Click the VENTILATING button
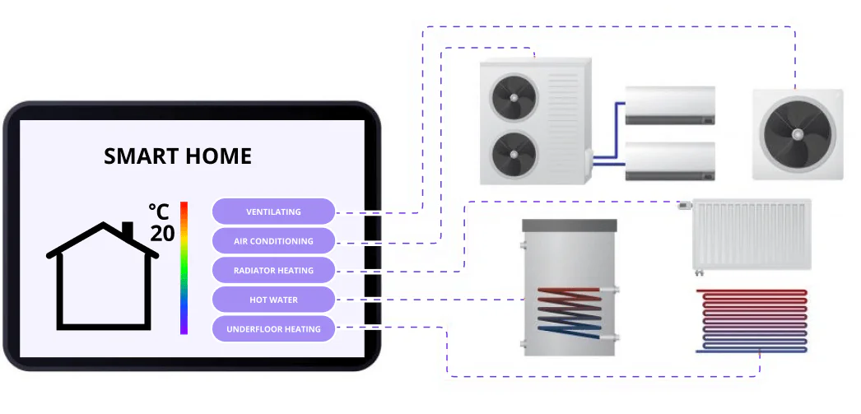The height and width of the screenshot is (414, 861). [273, 212]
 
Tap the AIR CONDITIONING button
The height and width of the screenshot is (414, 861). [273, 241]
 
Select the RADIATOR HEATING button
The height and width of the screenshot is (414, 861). [273, 271]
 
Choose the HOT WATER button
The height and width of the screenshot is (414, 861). [273, 300]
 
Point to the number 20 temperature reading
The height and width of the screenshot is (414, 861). [162, 233]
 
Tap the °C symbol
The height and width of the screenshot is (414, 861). [160, 211]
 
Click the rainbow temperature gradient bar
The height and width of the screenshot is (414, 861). [184, 267]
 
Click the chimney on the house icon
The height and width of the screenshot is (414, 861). [128, 230]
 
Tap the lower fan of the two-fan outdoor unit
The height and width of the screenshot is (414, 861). [514, 155]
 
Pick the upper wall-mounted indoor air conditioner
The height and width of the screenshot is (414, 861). [669, 105]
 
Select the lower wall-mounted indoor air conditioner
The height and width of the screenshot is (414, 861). [669, 160]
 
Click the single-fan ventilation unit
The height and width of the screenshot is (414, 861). [797, 134]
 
